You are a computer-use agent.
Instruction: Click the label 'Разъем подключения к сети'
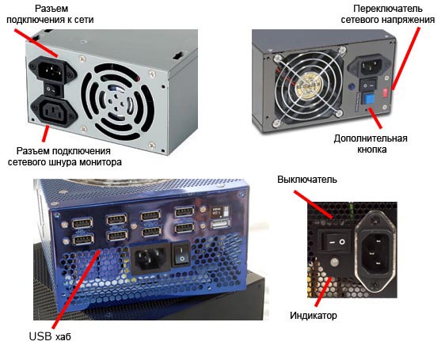pos(50,14)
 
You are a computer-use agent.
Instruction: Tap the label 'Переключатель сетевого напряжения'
pos(388,14)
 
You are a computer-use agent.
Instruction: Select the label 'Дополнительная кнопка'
pos(371,144)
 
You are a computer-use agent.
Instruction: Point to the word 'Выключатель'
pos(307,180)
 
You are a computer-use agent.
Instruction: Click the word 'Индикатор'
pos(314,316)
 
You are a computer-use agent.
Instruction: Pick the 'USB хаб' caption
pos(50,336)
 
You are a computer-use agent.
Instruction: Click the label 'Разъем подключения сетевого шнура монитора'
pos(65,157)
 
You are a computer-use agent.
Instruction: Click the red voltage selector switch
pos(385,93)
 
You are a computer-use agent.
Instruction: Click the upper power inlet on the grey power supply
pos(52,69)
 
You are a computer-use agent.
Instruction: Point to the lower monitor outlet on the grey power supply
pos(54,110)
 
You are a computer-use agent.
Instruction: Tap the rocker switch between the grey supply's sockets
pos(53,89)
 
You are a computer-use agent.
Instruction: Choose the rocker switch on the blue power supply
pos(181,254)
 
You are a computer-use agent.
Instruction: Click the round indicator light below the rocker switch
pos(335,261)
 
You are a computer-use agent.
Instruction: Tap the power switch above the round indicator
pos(335,241)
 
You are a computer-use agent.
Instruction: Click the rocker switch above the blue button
pos(368,84)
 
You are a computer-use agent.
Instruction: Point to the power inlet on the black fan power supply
pos(369,66)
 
